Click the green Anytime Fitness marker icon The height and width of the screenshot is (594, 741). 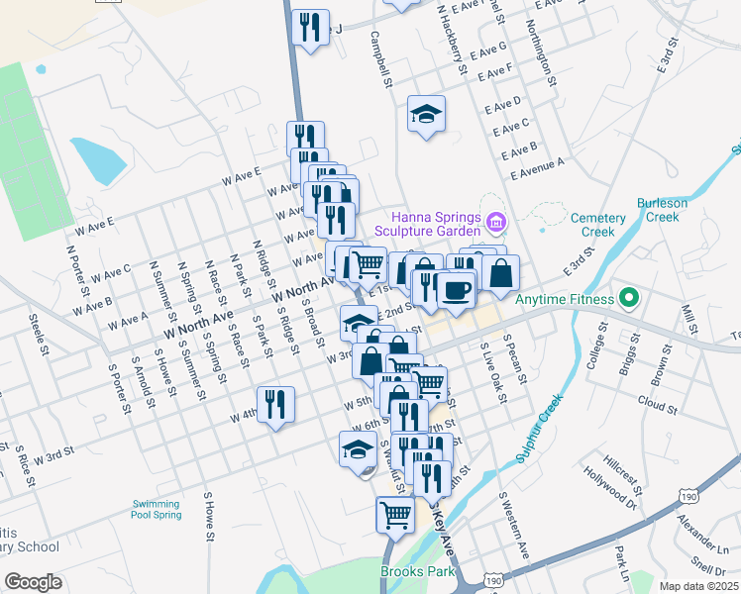coord(627,297)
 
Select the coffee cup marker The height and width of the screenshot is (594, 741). coord(456,289)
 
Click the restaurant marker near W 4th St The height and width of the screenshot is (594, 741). coord(275,404)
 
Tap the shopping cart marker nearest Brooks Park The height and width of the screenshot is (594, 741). coord(395,514)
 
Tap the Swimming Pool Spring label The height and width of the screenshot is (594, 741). coord(157,509)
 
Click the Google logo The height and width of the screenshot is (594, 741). coord(34,582)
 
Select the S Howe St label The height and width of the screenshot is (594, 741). coord(208,517)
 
